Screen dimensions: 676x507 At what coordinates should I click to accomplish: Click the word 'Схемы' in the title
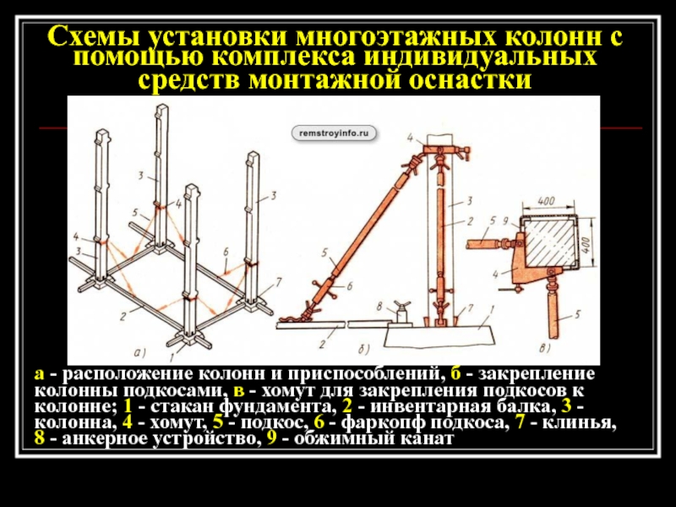click(x=94, y=38)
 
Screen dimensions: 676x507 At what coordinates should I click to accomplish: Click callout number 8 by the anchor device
click(x=380, y=304)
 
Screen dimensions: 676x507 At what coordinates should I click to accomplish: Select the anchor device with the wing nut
click(x=398, y=315)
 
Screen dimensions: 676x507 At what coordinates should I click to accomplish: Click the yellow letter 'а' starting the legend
click(x=39, y=373)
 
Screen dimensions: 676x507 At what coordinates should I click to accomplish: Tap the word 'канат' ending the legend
click(x=428, y=441)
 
